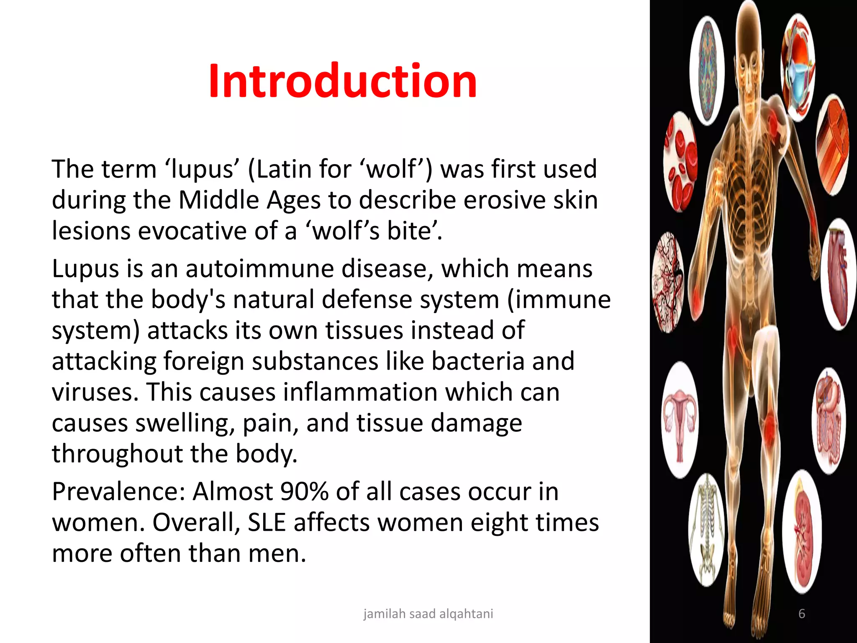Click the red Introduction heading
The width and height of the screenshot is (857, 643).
[x=342, y=80]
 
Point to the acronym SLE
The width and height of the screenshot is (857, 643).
[x=267, y=522]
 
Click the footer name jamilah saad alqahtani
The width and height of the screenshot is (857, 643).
[x=428, y=614]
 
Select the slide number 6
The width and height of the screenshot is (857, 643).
[x=802, y=614]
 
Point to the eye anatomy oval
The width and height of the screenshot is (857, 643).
[x=798, y=67]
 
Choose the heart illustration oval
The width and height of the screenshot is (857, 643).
[x=839, y=274]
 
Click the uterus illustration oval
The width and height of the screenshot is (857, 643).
[x=680, y=419]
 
